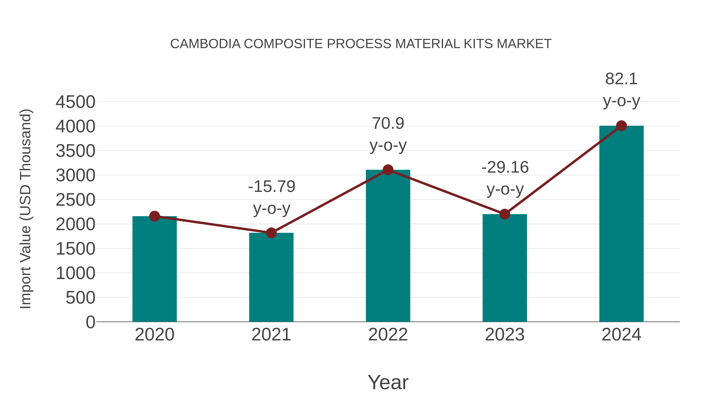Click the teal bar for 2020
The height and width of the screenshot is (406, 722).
coord(154,269)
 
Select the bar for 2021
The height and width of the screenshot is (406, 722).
coord(271,277)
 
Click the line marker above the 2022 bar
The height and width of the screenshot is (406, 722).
coord(388,170)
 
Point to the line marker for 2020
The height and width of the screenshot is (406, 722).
coord(154,216)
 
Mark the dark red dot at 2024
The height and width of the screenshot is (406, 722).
coord(621,126)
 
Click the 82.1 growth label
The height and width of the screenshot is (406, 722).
coord(621,79)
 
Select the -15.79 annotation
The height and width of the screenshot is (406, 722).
coord(272,187)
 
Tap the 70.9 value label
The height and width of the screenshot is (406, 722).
coord(388,124)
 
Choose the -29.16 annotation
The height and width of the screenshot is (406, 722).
coord(505,168)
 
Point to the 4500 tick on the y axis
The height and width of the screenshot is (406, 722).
coord(75,102)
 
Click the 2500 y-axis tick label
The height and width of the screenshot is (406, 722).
coord(75,200)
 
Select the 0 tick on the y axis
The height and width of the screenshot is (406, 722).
coord(90,322)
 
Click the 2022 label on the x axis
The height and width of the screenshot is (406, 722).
coord(388,335)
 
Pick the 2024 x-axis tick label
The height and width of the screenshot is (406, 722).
coord(621,335)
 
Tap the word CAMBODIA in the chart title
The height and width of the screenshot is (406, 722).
coord(205,44)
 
